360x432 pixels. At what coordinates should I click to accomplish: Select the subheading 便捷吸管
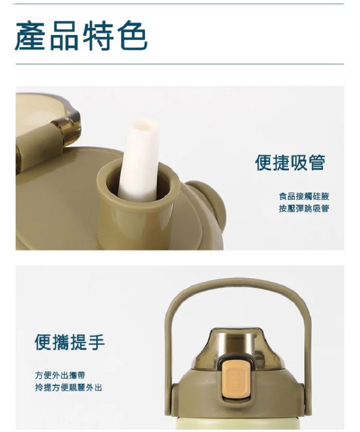[x=290, y=163]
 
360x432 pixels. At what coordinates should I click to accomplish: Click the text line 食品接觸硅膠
[x=304, y=196]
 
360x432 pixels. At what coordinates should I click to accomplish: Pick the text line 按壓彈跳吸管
[x=304, y=208]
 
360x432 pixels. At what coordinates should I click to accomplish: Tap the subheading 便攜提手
[x=70, y=341]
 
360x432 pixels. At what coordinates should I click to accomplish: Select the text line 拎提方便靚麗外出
[x=68, y=387]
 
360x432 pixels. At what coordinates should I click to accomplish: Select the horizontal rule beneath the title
[x=180, y=64]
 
